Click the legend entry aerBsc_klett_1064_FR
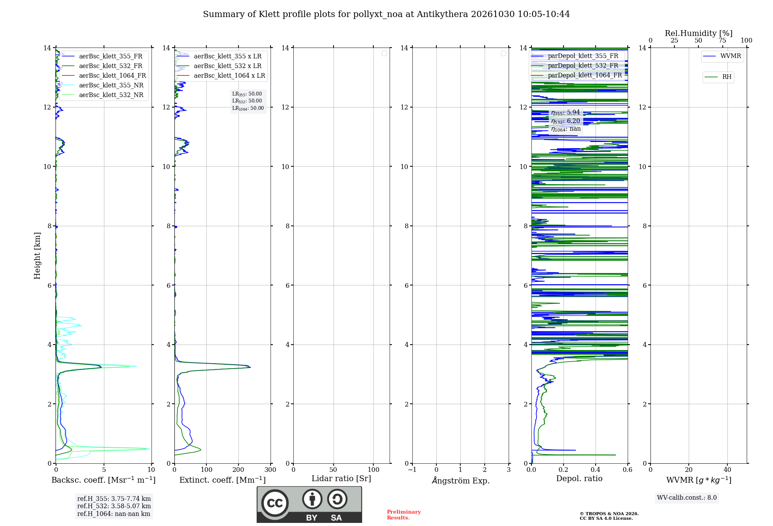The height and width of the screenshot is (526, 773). point(104,75)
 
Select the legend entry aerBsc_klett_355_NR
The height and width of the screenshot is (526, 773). point(102,85)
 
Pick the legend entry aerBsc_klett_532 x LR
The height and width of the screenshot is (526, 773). point(219,66)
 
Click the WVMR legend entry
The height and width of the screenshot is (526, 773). point(722,56)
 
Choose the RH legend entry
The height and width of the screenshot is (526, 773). point(718,77)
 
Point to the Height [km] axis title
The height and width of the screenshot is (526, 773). point(37,256)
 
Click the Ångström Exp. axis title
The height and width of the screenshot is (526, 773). point(461,480)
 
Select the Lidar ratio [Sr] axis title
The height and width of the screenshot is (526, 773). point(341,479)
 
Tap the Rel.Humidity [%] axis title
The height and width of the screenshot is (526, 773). point(699,33)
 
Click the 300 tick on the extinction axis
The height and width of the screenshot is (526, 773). point(270,470)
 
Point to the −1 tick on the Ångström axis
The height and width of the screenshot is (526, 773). point(412,470)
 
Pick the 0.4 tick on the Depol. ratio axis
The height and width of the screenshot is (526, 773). point(596,470)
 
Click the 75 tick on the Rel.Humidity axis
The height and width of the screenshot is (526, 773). point(722,40)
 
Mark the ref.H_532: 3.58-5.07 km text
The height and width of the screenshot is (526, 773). point(114,506)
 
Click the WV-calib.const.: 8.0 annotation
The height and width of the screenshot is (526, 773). point(687,498)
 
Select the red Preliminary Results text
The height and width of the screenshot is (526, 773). point(404,515)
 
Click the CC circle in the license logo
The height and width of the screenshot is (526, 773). point(275,503)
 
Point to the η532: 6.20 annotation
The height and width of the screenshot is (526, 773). point(565,121)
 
